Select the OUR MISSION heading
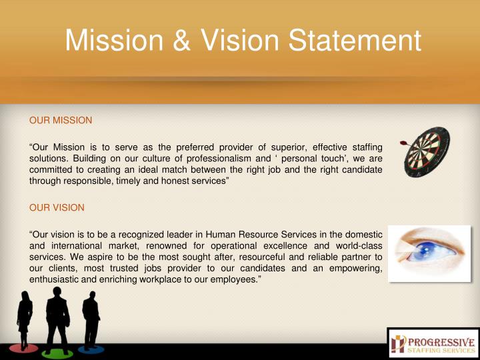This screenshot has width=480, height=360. click(x=61, y=121)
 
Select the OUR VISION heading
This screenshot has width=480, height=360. click(x=57, y=207)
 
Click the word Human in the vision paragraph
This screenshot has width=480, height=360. click(x=223, y=234)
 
